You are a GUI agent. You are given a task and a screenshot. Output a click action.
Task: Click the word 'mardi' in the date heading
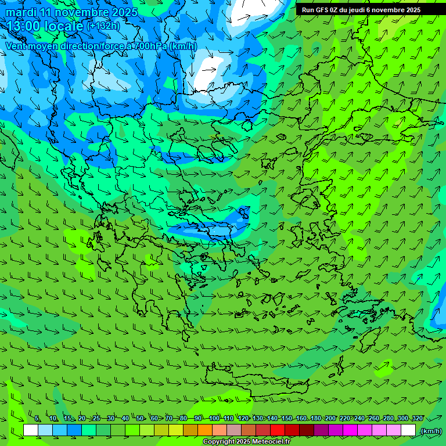[21, 12]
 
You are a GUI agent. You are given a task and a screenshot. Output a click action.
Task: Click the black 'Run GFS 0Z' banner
[361, 10]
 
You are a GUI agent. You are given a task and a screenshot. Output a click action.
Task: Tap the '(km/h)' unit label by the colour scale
[431, 431]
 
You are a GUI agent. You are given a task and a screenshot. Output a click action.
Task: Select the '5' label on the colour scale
[37, 419]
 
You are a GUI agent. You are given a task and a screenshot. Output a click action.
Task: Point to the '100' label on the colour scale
[214, 419]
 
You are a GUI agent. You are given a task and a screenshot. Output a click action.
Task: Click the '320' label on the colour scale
[417, 419]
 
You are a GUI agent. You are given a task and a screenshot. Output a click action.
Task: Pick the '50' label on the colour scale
[140, 419]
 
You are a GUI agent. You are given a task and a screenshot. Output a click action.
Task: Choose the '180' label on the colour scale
[315, 419]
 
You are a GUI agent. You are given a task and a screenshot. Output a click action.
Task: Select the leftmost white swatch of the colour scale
[31, 430]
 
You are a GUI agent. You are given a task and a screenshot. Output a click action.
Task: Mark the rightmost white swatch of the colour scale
[408, 430]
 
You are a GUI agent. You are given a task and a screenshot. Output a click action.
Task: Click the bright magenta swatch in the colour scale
[350, 430]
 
